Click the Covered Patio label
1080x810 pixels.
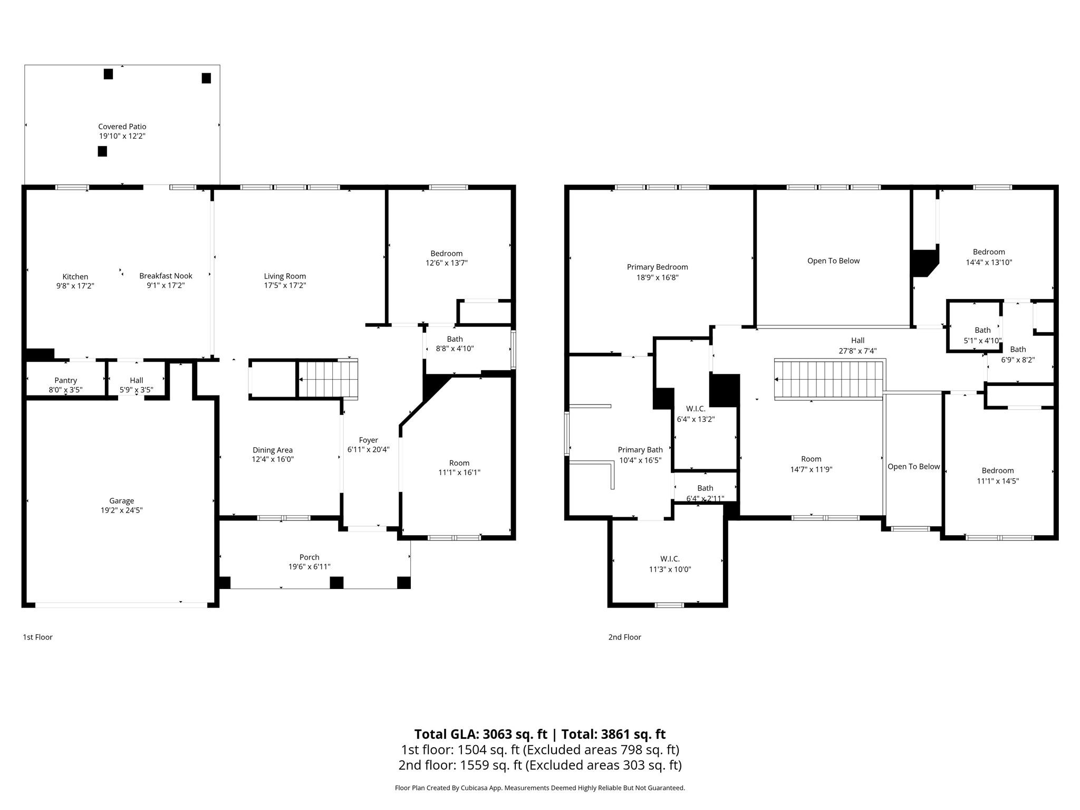[122, 127]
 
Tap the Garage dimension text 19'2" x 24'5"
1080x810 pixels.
[122, 510]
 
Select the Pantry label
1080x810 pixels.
[66, 380]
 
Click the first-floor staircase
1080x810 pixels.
[328, 379]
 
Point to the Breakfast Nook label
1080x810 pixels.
[166, 276]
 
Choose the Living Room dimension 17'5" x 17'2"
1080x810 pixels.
[285, 286]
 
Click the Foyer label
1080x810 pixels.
[369, 440]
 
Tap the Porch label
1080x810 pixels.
[310, 557]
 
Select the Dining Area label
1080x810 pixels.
[273, 450]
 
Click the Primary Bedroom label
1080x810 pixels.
[658, 267]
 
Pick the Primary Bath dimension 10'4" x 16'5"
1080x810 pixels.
[640, 460]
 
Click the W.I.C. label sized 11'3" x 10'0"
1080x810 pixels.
[670, 559]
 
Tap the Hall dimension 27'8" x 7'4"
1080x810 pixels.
[857, 351]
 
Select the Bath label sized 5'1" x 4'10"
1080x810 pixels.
[982, 331]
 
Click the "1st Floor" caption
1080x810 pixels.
[37, 637]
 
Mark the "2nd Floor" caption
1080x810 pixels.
[625, 637]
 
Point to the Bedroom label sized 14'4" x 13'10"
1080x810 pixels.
[989, 252]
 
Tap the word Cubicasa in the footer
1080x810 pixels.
[475, 788]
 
